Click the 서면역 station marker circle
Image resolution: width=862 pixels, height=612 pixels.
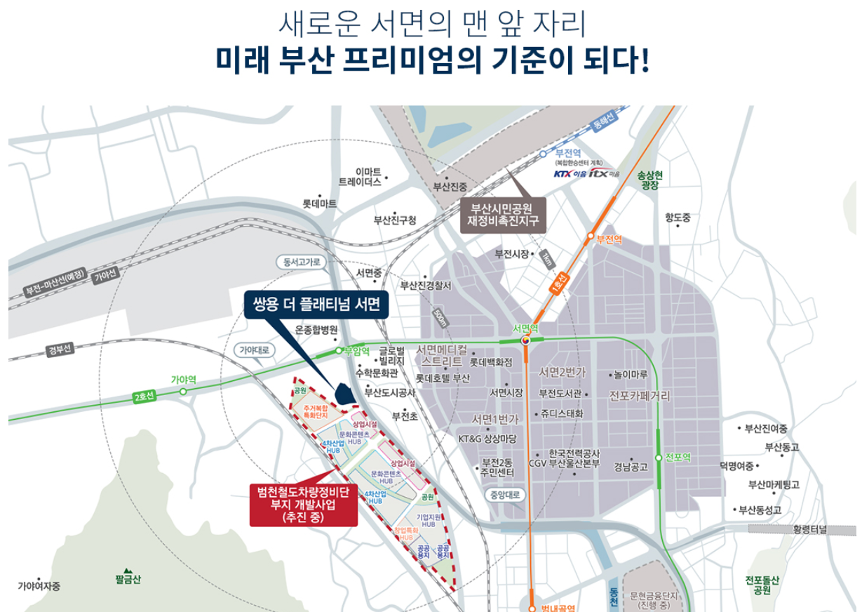(525, 340)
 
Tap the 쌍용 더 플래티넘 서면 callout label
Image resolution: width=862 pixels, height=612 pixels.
(312, 305)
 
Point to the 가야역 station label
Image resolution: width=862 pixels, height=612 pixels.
(184, 379)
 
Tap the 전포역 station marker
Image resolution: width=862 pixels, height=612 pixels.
(659, 458)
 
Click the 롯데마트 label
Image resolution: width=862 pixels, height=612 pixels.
(319, 204)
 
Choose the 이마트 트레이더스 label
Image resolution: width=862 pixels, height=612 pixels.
(359, 176)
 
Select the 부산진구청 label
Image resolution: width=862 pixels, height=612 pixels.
(395, 220)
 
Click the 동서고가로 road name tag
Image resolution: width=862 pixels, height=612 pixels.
(302, 262)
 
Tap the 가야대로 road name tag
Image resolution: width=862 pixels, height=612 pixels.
(254, 349)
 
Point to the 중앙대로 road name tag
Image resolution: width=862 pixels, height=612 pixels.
(504, 494)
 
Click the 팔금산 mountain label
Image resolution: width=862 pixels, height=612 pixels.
(128, 579)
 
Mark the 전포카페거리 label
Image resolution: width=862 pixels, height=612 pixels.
(640, 396)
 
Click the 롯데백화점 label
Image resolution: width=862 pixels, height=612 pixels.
(492, 362)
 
